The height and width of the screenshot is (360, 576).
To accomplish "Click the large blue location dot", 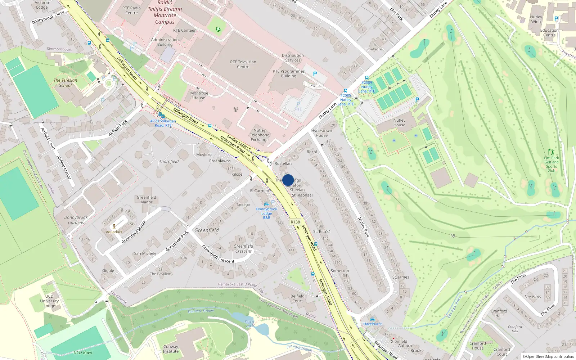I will pyautogui.click(x=288, y=180).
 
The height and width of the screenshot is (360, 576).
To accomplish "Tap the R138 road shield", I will pyautogui.click(x=295, y=222).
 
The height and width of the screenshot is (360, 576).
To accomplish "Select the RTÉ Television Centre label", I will pyautogui.click(x=243, y=64).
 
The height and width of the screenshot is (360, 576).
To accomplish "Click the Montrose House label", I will pyautogui.click(x=199, y=95).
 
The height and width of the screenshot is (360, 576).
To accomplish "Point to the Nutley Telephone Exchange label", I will pyautogui.click(x=260, y=135).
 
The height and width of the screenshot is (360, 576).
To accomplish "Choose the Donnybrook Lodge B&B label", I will pyautogui.click(x=266, y=213).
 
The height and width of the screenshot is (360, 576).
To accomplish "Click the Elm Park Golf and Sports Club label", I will pyautogui.click(x=551, y=164).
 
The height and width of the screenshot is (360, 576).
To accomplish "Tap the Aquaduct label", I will pyautogui.click(x=114, y=232).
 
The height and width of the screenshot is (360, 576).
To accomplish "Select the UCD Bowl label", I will pyautogui.click(x=83, y=352).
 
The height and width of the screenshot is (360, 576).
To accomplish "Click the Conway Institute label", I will pyautogui.click(x=171, y=349).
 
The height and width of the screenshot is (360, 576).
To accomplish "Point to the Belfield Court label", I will pyautogui.click(x=297, y=298).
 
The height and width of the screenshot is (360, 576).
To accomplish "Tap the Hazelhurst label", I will pyautogui.click(x=372, y=324).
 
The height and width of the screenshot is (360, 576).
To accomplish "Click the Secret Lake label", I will pyautogui.click(x=249, y=324).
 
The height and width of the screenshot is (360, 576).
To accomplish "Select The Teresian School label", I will pyautogui.click(x=65, y=83).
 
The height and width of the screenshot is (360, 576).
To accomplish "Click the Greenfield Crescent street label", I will pyautogui.click(x=218, y=254).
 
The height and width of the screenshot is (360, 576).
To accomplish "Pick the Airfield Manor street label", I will pyautogui.click(x=63, y=167).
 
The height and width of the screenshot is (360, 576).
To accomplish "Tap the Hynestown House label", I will pyautogui.click(x=321, y=133).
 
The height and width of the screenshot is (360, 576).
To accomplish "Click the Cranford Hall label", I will pyautogui.click(x=499, y=313).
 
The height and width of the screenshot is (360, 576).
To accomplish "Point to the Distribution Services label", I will pyautogui.click(x=293, y=58).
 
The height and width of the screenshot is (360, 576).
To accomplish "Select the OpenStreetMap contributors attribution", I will pyautogui.click(x=548, y=356).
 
